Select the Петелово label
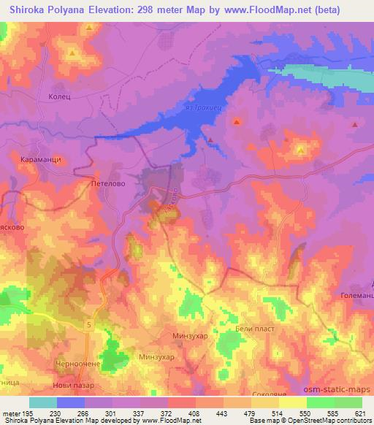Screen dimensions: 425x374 coord(108,185)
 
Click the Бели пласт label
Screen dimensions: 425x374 coord(251,330)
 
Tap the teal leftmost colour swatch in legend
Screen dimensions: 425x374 coord(43,402)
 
